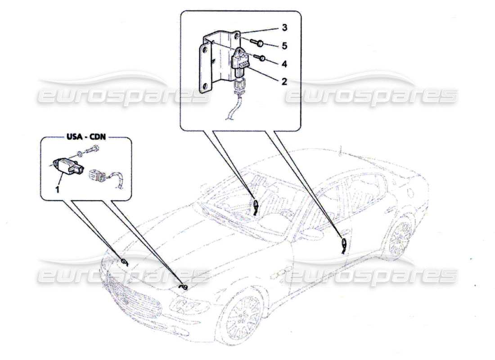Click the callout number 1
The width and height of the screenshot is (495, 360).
57,190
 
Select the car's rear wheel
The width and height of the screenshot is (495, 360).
399,238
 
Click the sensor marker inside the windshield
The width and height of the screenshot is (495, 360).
255,207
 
